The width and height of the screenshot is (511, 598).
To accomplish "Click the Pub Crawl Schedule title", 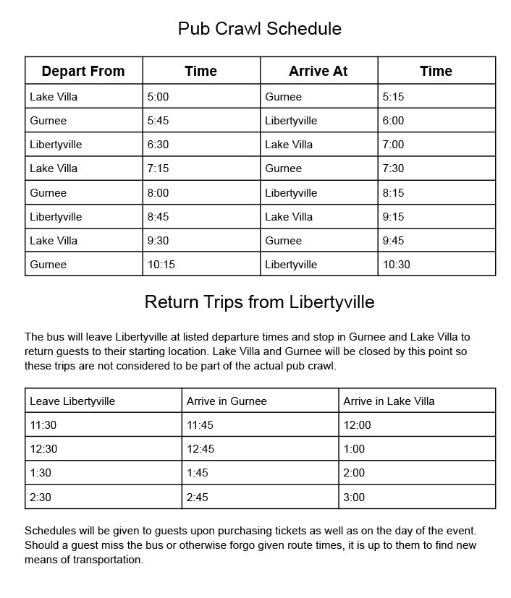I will pyautogui.click(x=259, y=29).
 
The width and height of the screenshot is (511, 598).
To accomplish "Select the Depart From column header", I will pyautogui.click(x=83, y=71).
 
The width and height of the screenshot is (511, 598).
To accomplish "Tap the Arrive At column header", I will pyautogui.click(x=318, y=71).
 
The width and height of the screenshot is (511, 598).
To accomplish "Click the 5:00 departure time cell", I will pyautogui.click(x=158, y=96).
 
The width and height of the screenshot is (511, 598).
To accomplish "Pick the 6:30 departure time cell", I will pyautogui.click(x=158, y=145).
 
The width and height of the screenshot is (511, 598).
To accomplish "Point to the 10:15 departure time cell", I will pyautogui.click(x=161, y=265).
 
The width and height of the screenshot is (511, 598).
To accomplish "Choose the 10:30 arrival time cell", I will pyautogui.click(x=397, y=265).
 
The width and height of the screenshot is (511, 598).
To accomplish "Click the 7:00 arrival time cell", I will pyautogui.click(x=393, y=145).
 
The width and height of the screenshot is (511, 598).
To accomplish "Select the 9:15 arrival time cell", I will pyautogui.click(x=393, y=217).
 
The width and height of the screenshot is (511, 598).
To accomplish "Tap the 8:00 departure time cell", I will pyautogui.click(x=158, y=193).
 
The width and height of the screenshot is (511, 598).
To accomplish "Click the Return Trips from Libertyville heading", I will pyautogui.click(x=259, y=302).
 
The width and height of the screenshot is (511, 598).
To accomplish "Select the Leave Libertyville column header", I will pyautogui.click(x=72, y=401).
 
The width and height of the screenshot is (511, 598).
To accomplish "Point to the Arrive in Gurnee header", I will pyautogui.click(x=227, y=401).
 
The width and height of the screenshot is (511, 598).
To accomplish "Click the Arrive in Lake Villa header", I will pyautogui.click(x=389, y=401).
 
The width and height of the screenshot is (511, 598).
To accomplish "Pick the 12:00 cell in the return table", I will pyautogui.click(x=357, y=425).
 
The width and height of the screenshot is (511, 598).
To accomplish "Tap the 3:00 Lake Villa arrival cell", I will pyautogui.click(x=354, y=497).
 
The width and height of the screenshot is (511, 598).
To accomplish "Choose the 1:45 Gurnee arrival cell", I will pyautogui.click(x=197, y=473).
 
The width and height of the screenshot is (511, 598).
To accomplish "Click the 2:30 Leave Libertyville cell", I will pyautogui.click(x=41, y=497).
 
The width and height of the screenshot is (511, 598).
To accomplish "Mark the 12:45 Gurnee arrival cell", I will pyautogui.click(x=200, y=449).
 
